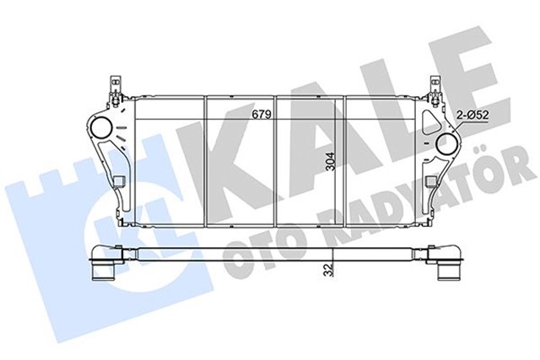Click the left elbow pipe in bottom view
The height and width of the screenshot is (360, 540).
tap(107, 263)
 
